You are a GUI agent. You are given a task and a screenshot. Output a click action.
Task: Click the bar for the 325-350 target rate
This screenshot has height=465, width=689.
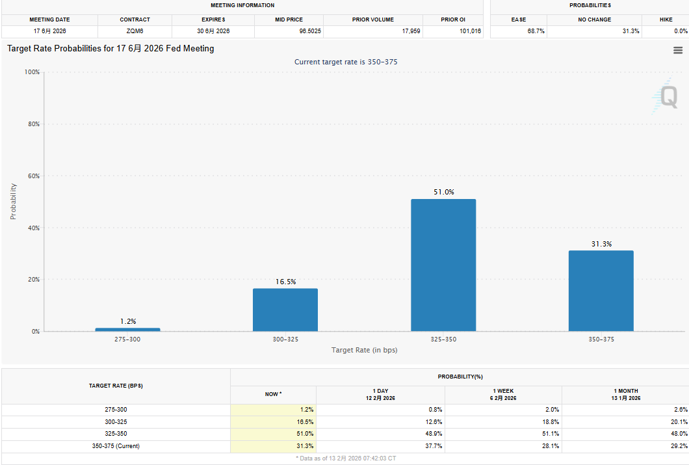point(443,265)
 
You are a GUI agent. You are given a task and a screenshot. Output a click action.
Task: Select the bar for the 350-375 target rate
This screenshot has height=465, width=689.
point(601,291)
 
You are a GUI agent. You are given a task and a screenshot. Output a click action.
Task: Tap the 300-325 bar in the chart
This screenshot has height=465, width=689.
point(285,310)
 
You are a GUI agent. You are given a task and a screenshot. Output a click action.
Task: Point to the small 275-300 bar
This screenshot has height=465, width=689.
point(127,330)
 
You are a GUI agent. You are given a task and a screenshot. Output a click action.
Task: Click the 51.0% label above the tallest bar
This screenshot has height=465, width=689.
point(443,192)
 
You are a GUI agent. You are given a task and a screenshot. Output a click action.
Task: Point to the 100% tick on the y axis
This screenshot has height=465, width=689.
point(31,72)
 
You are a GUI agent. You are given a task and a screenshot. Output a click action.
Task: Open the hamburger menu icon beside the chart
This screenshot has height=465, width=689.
point(678,50)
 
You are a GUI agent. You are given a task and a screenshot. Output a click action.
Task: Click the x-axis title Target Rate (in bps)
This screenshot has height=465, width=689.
point(364,350)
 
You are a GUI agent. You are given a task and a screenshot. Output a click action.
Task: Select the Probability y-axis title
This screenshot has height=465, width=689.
point(13,201)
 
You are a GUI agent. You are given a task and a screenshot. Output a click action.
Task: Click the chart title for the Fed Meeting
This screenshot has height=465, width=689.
point(110,49)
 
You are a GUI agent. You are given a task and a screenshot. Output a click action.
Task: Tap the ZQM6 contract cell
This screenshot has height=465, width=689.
point(135,31)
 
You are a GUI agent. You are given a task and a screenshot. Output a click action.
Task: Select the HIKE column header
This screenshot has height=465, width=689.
point(666,20)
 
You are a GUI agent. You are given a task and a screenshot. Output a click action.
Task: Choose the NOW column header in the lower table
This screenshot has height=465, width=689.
point(273,393)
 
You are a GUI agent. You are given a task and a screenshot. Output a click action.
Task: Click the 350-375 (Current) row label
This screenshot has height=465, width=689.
point(116,445)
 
